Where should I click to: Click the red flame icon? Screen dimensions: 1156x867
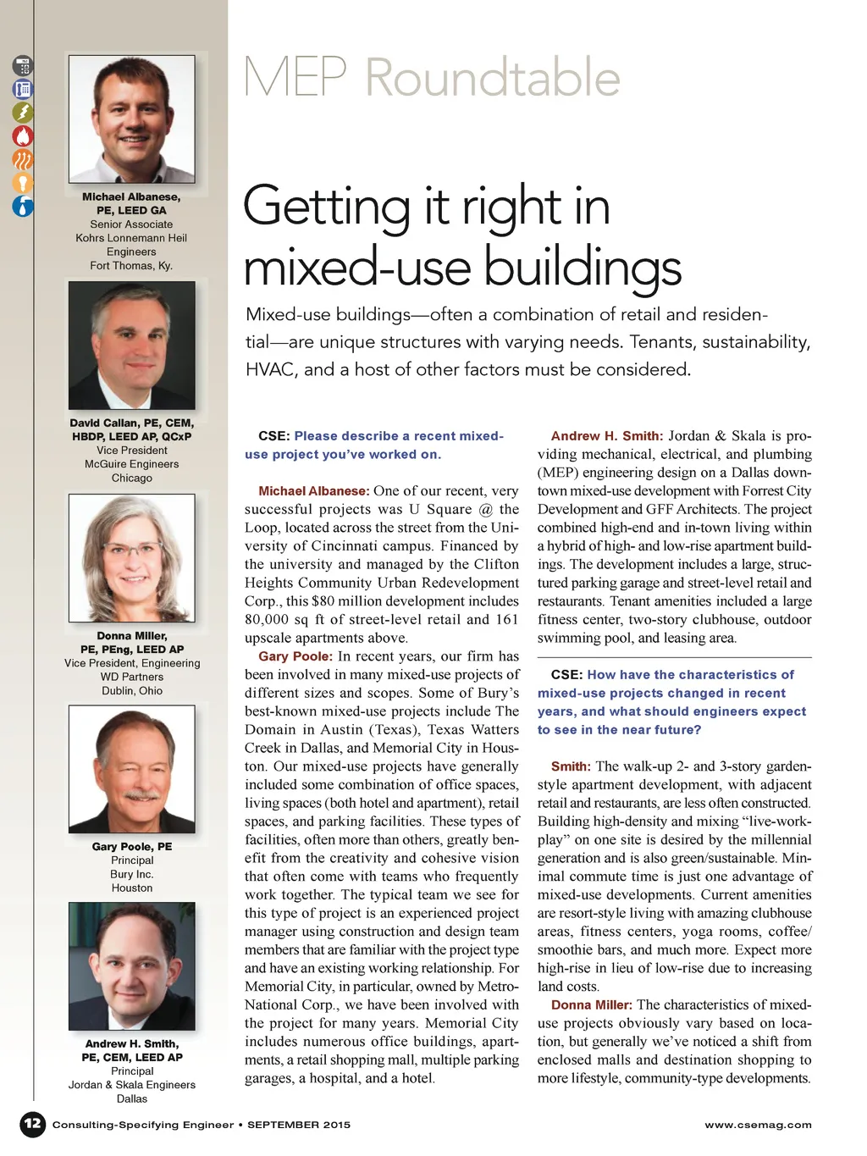point(23,136)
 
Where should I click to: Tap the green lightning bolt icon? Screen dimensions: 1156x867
point(23,112)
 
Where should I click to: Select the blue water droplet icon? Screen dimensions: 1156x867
point(23,206)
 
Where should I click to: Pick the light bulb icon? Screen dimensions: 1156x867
point(23,182)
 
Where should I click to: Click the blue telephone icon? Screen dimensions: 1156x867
point(23,89)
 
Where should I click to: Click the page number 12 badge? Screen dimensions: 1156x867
point(32,1124)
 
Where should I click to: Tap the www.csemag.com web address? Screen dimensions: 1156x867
point(758,1125)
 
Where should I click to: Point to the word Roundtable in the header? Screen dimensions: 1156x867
point(493,78)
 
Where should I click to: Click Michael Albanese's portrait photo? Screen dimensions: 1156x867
point(132,119)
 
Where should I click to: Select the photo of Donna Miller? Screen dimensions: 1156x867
point(132,558)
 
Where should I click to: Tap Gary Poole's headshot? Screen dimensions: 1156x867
point(132,769)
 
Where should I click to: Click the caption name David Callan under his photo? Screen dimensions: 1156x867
point(105,423)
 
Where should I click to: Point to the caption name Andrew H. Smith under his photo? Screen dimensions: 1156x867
point(131,1043)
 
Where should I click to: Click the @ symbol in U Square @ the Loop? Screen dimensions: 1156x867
point(485,510)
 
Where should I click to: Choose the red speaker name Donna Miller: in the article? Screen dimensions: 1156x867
point(591,1005)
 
